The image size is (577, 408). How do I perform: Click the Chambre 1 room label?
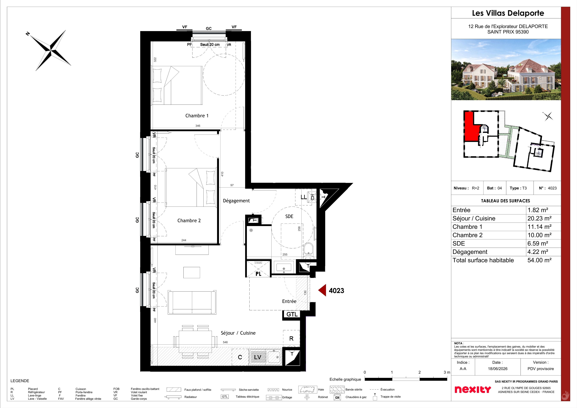pyautogui.click(x=197, y=116)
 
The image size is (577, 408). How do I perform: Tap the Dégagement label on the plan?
pyautogui.click(x=236, y=201)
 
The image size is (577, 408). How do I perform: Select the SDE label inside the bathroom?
pyautogui.click(x=289, y=216)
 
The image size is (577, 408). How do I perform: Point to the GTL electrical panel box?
pyautogui.click(x=292, y=314)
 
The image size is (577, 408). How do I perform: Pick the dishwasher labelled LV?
pyautogui.click(x=258, y=357)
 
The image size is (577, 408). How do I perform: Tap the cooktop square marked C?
pyautogui.click(x=240, y=357)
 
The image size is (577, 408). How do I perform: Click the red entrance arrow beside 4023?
pyautogui.click(x=322, y=290)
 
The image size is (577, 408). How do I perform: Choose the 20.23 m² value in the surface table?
pyautogui.click(x=539, y=218)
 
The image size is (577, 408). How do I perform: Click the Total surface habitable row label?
pyautogui.click(x=483, y=260)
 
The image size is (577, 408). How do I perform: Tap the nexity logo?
pyautogui.click(x=473, y=389)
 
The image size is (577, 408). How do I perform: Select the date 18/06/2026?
pyautogui.click(x=498, y=369)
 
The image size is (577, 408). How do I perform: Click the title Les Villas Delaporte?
pyautogui.click(x=508, y=13)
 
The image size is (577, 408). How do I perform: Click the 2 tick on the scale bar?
pyautogui.click(x=419, y=372)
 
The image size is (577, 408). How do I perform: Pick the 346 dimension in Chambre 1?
pyautogui.click(x=198, y=126)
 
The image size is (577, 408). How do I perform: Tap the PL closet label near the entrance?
pyautogui.click(x=258, y=274)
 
